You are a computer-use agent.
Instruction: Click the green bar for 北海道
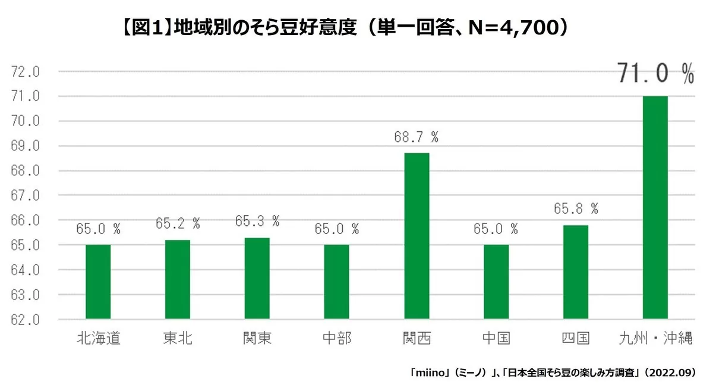pyautogui.click(x=98, y=282)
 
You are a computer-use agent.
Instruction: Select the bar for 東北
pyautogui.click(x=178, y=279)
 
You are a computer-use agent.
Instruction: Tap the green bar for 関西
pyautogui.click(x=417, y=236)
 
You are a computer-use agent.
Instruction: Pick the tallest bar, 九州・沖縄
pyautogui.click(x=655, y=207)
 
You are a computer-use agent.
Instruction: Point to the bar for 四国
pyautogui.click(x=576, y=272)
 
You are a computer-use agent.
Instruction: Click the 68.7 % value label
pyautogui.click(x=416, y=137)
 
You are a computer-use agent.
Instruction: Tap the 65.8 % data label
pyautogui.click(x=575, y=209)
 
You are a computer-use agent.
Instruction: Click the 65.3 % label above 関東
pyautogui.click(x=257, y=221)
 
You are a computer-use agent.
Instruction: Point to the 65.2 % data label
pyautogui.click(x=178, y=223)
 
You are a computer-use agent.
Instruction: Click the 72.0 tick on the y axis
pyautogui.click(x=26, y=72)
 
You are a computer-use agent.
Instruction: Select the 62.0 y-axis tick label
pyautogui.click(x=26, y=320)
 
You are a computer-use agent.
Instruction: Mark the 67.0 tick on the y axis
pyautogui.click(x=26, y=195)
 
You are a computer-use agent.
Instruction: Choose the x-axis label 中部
pyautogui.click(x=337, y=339)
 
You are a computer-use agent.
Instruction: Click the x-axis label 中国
pyautogui.click(x=496, y=339)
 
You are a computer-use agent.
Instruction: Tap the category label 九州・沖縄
pyautogui.click(x=655, y=339)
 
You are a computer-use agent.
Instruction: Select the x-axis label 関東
pyautogui.click(x=257, y=339)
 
